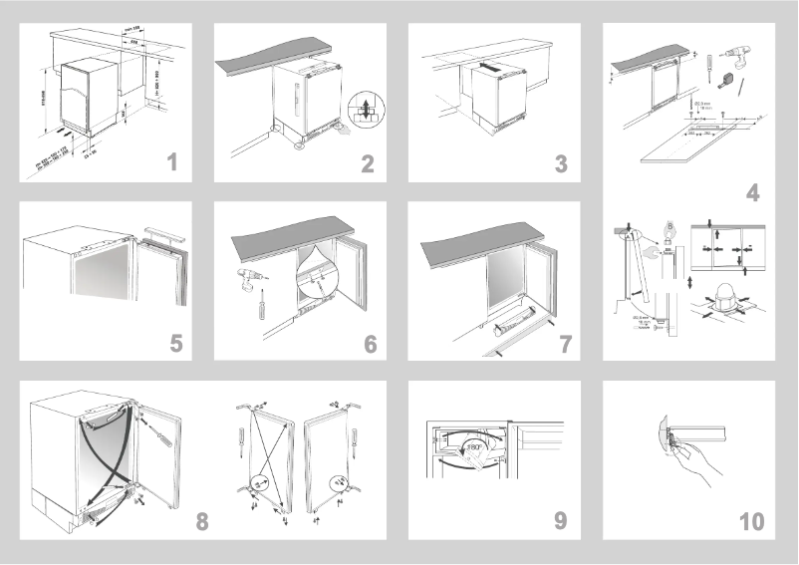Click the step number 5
click(x=175, y=344)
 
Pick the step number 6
click(x=370, y=344)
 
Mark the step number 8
click(x=202, y=520)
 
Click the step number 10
click(x=752, y=520)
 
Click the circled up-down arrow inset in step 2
click(x=367, y=110)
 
